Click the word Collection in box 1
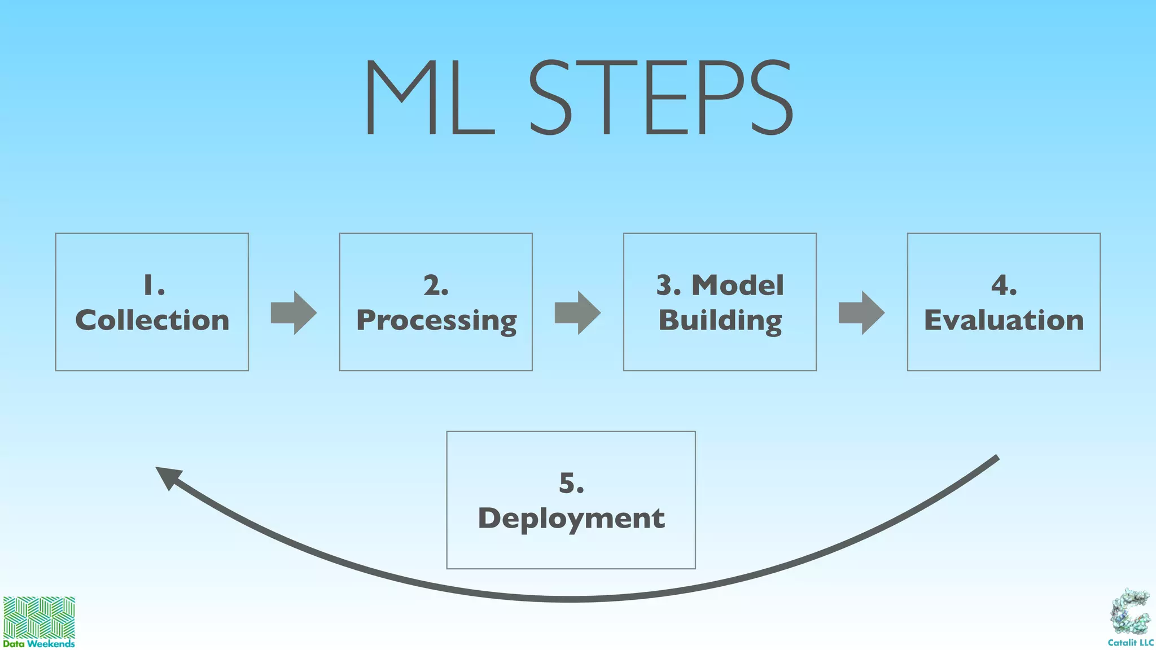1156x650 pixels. click(152, 320)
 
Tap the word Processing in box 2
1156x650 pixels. click(436, 320)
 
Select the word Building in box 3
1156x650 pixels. click(720, 320)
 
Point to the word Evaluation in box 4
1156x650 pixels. click(1004, 320)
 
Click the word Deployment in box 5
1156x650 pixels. click(571, 519)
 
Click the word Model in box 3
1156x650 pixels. click(738, 286)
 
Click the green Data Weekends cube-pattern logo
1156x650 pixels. click(39, 617)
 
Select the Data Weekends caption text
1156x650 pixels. click(39, 644)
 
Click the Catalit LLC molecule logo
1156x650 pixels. click(1130, 612)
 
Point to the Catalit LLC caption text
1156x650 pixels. click(1130, 643)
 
